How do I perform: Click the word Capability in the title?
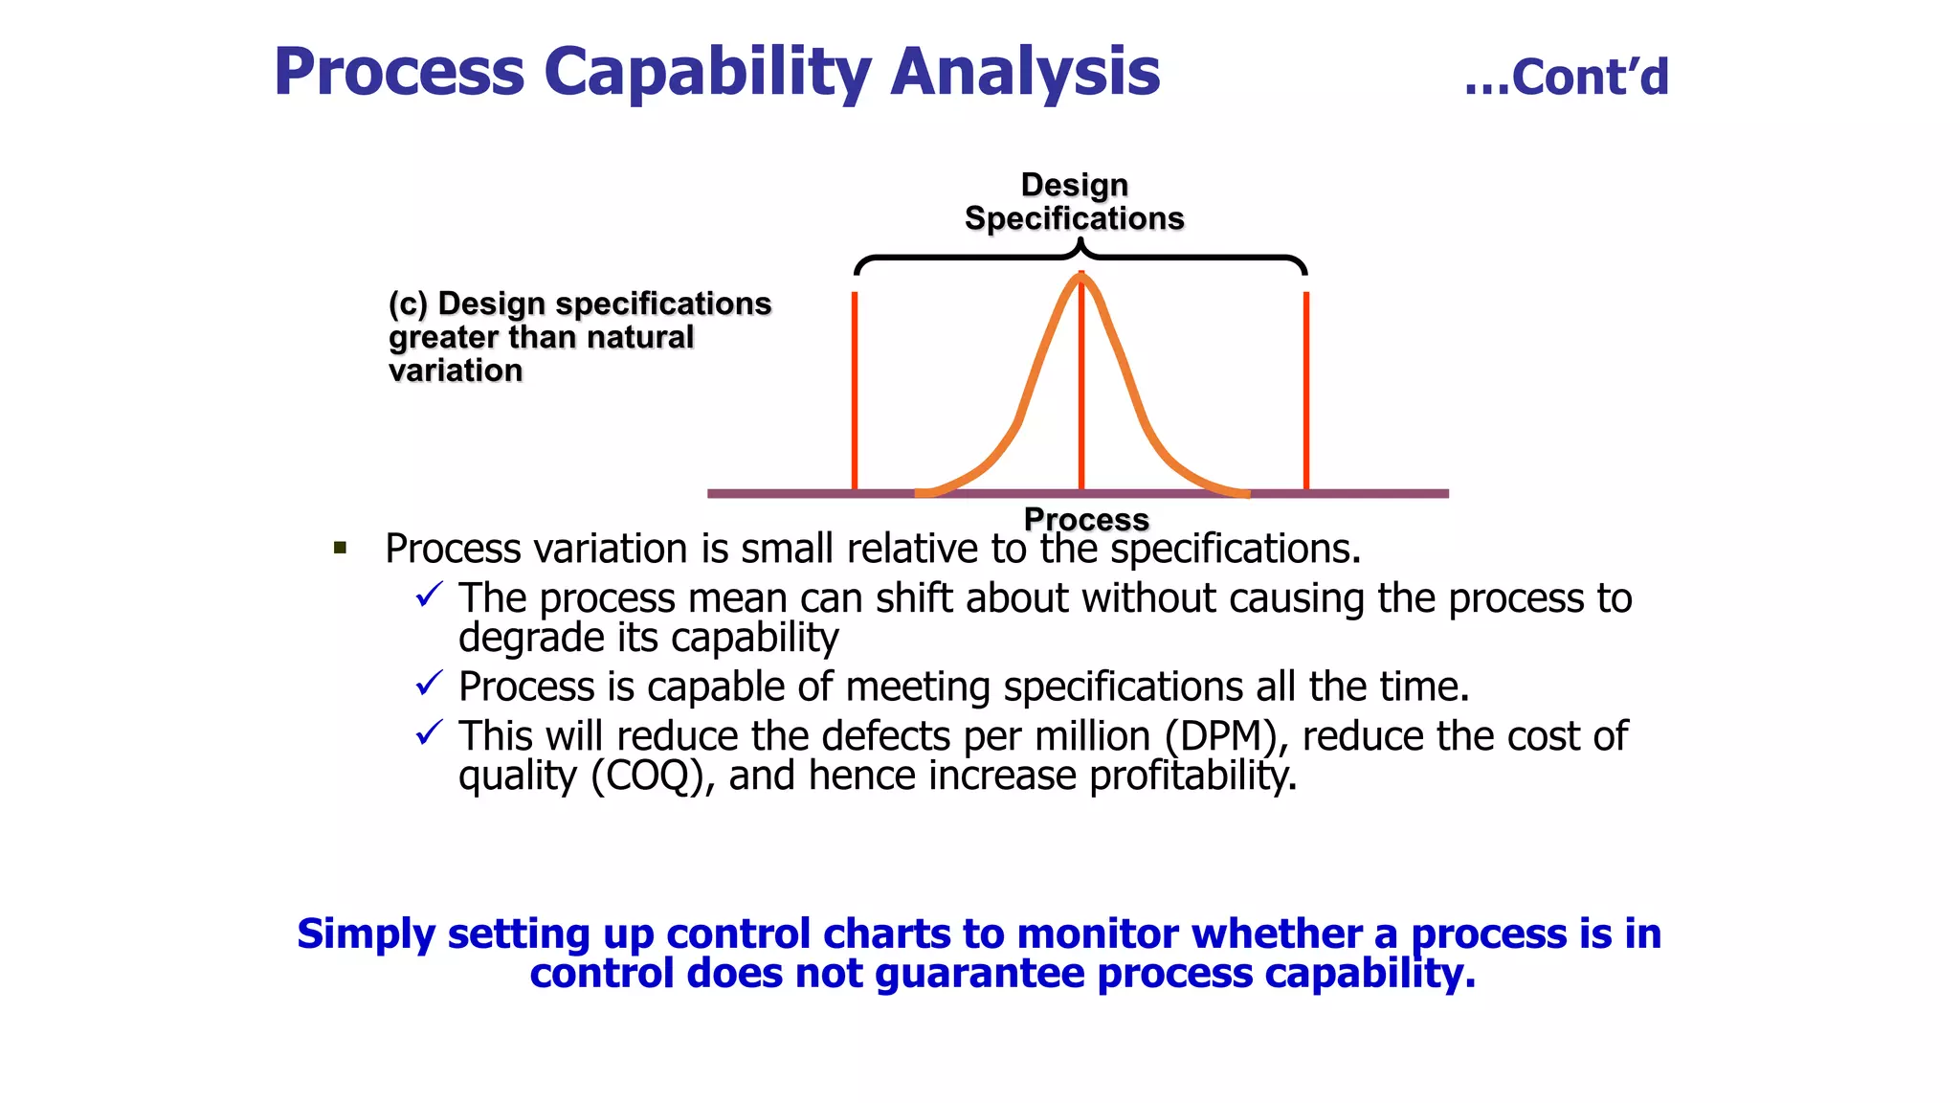706,73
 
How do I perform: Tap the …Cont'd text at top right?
1567,78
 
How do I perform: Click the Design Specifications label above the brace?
1074,202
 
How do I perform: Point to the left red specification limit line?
855,393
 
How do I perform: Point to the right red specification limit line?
1306,393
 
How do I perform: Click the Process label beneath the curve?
1086,519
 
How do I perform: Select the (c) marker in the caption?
408,304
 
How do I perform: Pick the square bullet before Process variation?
340,549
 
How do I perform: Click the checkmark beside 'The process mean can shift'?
430,595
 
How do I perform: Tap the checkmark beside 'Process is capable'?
430,684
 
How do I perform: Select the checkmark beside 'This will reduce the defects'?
430,733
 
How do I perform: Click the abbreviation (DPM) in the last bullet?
1224,736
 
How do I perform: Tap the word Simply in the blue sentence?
365,934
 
